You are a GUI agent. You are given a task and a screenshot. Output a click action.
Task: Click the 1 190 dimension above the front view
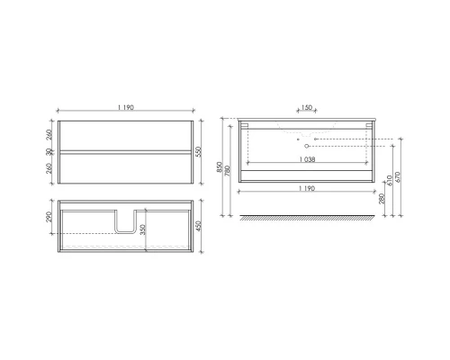(x=124, y=108)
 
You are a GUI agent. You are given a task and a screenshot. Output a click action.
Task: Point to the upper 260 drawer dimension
(x=48, y=134)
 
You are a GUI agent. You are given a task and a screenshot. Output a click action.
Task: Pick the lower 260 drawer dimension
(x=48, y=168)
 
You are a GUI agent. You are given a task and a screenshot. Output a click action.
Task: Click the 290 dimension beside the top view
(x=48, y=219)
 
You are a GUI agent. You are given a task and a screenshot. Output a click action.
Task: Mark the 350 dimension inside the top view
(x=143, y=229)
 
